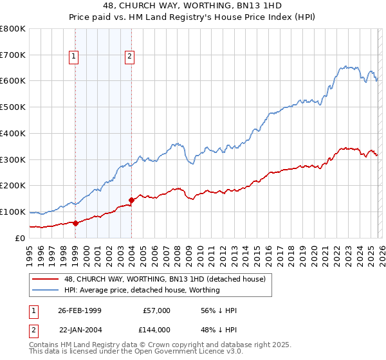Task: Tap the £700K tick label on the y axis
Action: pos(13,55)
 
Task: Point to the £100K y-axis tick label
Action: pos(13,212)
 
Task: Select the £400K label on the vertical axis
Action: pos(13,133)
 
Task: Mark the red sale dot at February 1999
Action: pos(75,223)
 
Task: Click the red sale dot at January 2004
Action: pos(131,200)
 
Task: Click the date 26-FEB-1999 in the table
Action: pos(80,310)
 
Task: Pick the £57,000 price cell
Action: pos(156,310)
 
